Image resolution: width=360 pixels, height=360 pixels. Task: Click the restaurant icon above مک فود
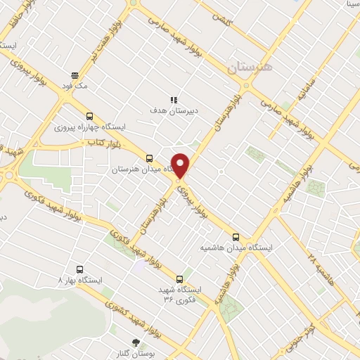74,75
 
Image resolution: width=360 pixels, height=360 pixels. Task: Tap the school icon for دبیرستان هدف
173,100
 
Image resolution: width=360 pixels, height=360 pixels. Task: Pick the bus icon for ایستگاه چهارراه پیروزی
89,117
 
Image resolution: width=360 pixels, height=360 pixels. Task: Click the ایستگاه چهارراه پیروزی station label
89,127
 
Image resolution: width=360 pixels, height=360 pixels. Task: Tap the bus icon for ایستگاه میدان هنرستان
148,159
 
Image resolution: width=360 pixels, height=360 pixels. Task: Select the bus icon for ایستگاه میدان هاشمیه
236,237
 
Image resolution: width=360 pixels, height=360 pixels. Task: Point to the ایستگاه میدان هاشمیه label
236,247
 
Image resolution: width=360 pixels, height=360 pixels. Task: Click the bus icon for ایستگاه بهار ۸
79,269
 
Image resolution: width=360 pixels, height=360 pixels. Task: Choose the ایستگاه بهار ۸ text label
79,280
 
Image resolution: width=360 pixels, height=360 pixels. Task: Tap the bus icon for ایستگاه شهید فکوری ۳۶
181,278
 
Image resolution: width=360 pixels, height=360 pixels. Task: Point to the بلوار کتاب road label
101,143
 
